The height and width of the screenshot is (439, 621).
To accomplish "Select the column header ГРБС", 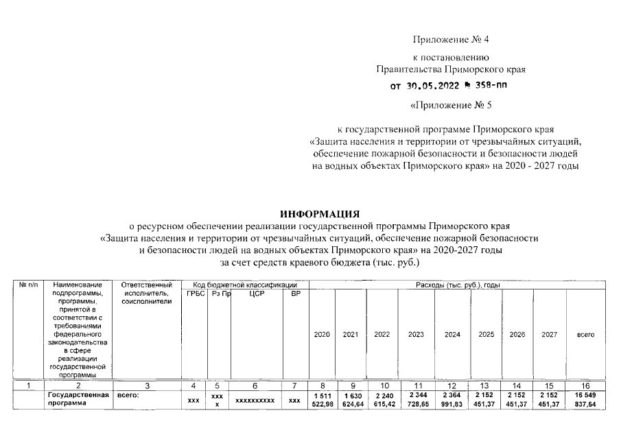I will [196, 294].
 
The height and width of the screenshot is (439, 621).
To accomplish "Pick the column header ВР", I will [296, 294].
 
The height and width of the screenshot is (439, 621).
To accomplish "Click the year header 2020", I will [321, 335].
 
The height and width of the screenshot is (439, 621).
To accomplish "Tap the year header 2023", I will [415, 335].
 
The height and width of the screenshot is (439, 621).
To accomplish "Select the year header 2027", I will [549, 335].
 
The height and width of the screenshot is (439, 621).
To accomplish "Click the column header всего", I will [585, 335].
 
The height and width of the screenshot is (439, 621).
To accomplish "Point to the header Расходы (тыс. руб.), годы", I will [457, 284].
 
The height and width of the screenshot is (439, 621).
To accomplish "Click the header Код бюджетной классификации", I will [244, 284].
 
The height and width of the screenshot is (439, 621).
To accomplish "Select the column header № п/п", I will [29, 284].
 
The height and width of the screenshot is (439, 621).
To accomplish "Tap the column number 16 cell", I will [585, 386].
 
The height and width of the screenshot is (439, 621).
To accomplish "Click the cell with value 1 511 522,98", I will [321, 400].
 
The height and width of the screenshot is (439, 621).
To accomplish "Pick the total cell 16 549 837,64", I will [585, 400].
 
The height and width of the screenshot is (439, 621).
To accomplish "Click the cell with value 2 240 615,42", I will [382, 400].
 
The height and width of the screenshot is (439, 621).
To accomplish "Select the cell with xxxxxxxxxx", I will [255, 400].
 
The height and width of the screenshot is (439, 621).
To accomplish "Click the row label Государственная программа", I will [76, 400].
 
